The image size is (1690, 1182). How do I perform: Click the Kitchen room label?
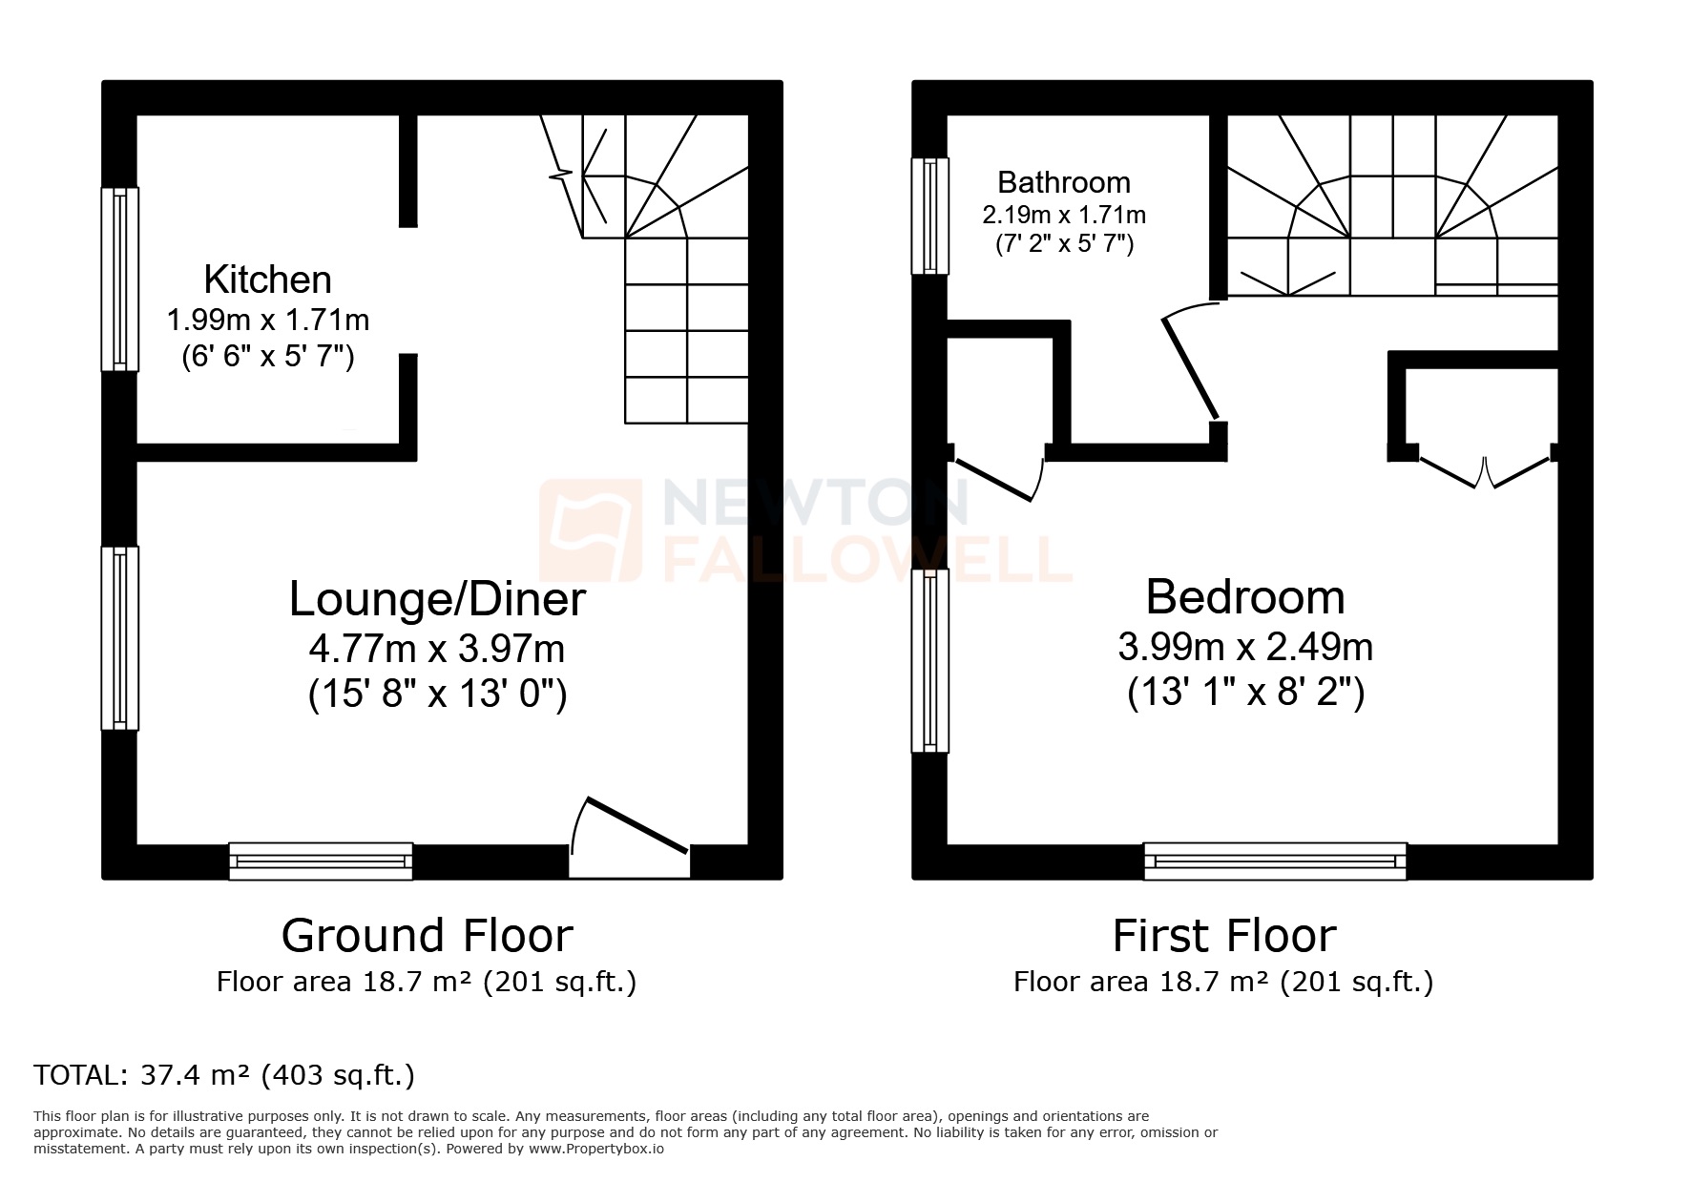(x=268, y=280)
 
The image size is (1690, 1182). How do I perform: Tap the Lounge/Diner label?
(x=437, y=599)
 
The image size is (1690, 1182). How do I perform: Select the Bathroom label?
(x=1063, y=181)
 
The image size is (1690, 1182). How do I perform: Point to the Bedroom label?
(x=1244, y=597)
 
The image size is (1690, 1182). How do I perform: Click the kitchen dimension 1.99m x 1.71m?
(x=268, y=319)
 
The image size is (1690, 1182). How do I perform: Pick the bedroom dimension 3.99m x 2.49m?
(x=1244, y=648)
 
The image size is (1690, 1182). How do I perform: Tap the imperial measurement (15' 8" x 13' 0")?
(x=437, y=695)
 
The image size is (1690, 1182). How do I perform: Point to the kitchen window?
(x=120, y=279)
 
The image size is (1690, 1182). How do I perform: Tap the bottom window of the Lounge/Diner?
(x=321, y=861)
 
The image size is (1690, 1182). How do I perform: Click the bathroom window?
(x=929, y=216)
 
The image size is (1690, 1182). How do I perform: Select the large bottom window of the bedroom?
(x=1275, y=861)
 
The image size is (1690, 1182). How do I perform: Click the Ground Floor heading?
(x=427, y=936)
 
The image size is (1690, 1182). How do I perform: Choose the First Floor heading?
(x=1223, y=936)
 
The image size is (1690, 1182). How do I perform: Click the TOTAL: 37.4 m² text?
(x=224, y=1075)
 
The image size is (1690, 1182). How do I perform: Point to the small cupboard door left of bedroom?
(x=997, y=478)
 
